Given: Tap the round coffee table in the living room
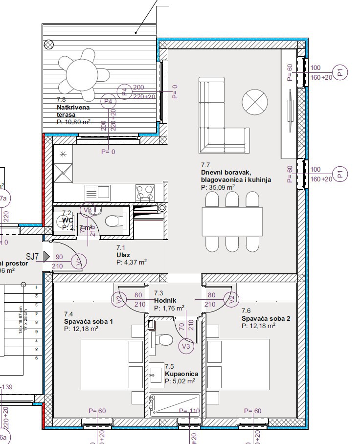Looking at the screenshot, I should coord(255,101).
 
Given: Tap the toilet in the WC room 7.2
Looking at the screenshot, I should coord(113,222).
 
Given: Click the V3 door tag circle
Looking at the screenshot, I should coord(186,347).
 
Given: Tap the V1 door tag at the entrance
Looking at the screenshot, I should coord(79,261).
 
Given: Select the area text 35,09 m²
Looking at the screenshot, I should coord(218,187).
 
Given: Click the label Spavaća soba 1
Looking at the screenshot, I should coord(89,321).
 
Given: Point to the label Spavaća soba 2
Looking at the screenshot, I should coord(266,318).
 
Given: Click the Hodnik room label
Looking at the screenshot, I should coord(165,301).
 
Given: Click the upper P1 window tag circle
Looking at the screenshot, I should coord(341,72).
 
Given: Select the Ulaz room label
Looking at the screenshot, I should coord(122,255).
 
